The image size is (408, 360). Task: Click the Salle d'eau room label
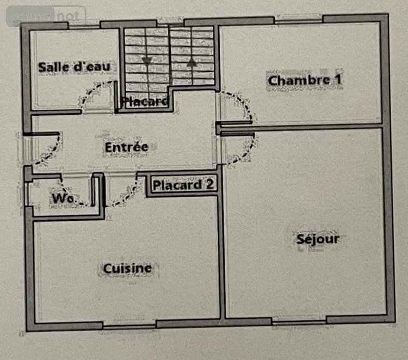coord(74,67)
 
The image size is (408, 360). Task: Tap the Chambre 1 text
coord(305,80)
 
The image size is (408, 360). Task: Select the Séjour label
coord(318,239)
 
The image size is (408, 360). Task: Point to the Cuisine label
coord(128,268)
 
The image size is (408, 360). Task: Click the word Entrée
coord(126,147)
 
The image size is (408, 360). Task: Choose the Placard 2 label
coord(183,185)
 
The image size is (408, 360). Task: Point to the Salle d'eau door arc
coord(98,97)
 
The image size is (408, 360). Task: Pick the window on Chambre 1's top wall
coord(299,20)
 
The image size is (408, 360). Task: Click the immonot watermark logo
coord(46,16)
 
